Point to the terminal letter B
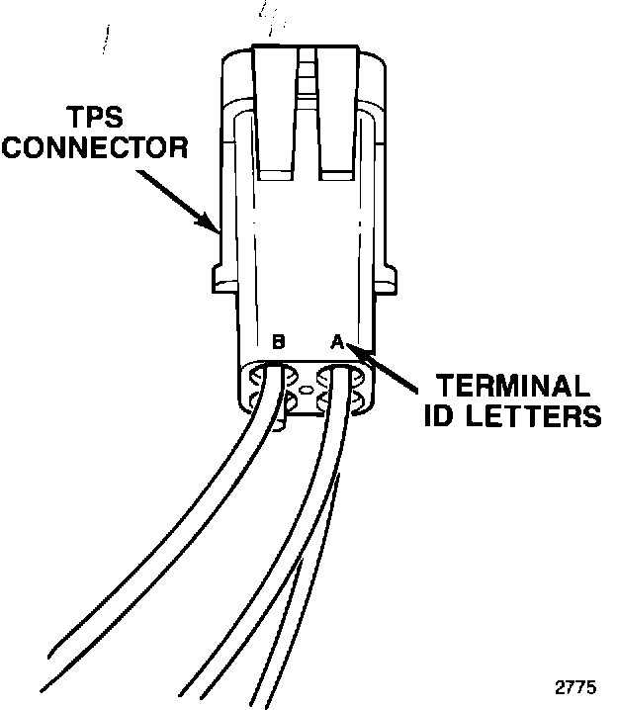(x=278, y=343)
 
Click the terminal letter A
(x=335, y=343)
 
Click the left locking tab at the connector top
(x=276, y=109)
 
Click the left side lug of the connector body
(x=223, y=279)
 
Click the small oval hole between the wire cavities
(x=307, y=392)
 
